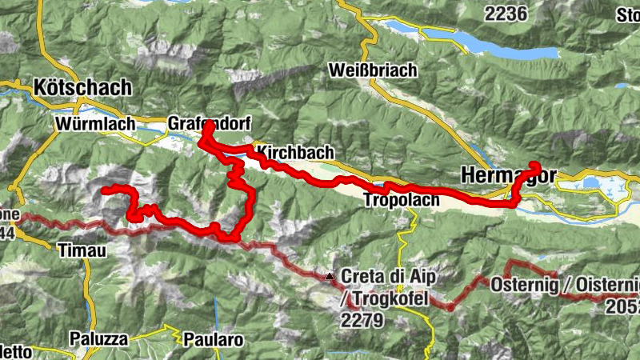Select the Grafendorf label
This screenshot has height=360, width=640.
coord(210,124)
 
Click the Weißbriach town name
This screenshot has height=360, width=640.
coord(373,70)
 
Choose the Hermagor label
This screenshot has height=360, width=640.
coord(506,174)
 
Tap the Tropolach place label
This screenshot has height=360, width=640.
coord(401,200)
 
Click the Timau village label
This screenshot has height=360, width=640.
coord(82,250)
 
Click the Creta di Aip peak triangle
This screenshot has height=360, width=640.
coord(330,277)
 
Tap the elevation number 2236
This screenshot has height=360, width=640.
coord(506,13)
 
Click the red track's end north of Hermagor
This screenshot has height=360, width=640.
coord(535,166)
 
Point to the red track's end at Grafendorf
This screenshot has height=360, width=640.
coord(208,126)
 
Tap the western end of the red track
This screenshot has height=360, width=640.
coord(104,190)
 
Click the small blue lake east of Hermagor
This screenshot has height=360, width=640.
coord(591,183)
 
